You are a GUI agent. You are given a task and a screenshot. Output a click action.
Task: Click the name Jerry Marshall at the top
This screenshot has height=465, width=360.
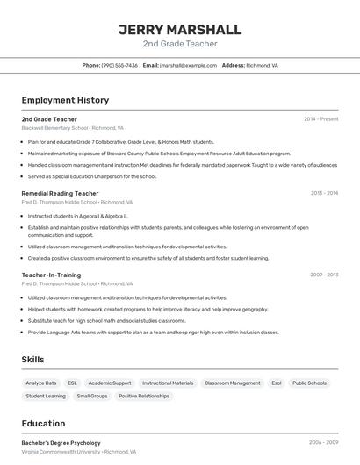pos(179,29)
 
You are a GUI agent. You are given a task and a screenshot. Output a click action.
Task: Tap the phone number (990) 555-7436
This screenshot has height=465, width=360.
pos(119,65)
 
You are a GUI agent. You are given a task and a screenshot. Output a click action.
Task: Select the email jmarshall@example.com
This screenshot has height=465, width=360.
pos(188,65)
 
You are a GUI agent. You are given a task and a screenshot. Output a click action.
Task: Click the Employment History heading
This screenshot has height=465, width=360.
pos(65,100)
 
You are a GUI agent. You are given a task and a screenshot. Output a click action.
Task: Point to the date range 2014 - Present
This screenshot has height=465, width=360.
pos(321,119)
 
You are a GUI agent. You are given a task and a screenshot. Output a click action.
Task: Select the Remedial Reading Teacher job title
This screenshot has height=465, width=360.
pos(60,193)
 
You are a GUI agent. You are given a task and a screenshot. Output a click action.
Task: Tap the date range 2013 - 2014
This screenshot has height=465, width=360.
pos(324,193)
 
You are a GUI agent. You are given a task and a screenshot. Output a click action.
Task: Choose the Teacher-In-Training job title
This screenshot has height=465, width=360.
pos(51,275)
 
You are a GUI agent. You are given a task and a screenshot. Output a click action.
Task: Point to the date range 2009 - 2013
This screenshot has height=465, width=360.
pos(324,275)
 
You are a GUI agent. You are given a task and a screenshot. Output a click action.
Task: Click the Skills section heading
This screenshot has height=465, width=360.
pos(32,360)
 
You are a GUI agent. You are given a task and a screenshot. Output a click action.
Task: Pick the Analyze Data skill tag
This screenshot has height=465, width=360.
pos(41,383)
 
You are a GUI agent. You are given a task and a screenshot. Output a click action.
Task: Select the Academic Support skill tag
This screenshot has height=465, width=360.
pos(110,383)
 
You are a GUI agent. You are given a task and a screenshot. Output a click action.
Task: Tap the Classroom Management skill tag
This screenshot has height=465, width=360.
pos(232,383)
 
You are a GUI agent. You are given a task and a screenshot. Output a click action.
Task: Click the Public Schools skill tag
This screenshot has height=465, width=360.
pos(309,383)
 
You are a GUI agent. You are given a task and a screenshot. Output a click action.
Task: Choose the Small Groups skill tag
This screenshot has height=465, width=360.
pos(92,397)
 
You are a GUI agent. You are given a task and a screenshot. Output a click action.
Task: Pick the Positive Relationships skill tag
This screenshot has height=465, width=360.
pos(143,397)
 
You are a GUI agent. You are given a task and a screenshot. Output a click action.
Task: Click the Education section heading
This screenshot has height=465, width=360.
pos(43,424)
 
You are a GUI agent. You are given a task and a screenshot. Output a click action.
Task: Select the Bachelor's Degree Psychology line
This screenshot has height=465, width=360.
pos(61,443)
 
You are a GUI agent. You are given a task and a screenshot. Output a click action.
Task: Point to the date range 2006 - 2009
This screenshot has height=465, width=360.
pos(324,443)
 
